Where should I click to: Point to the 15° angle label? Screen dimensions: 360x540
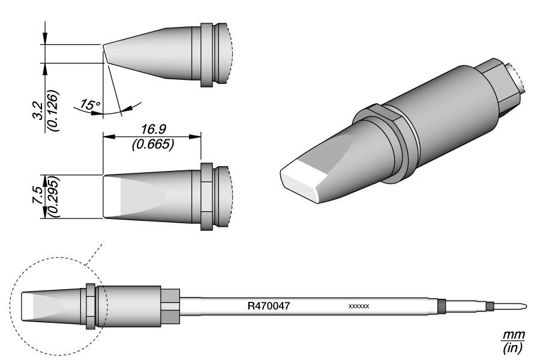[90, 106]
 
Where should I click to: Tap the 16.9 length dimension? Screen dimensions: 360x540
[151, 129]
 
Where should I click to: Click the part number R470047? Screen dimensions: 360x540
[269, 305]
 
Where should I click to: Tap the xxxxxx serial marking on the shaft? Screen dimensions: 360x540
[358, 307]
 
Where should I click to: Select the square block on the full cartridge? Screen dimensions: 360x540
[170, 305]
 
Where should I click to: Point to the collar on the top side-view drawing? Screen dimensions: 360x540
[206, 55]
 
